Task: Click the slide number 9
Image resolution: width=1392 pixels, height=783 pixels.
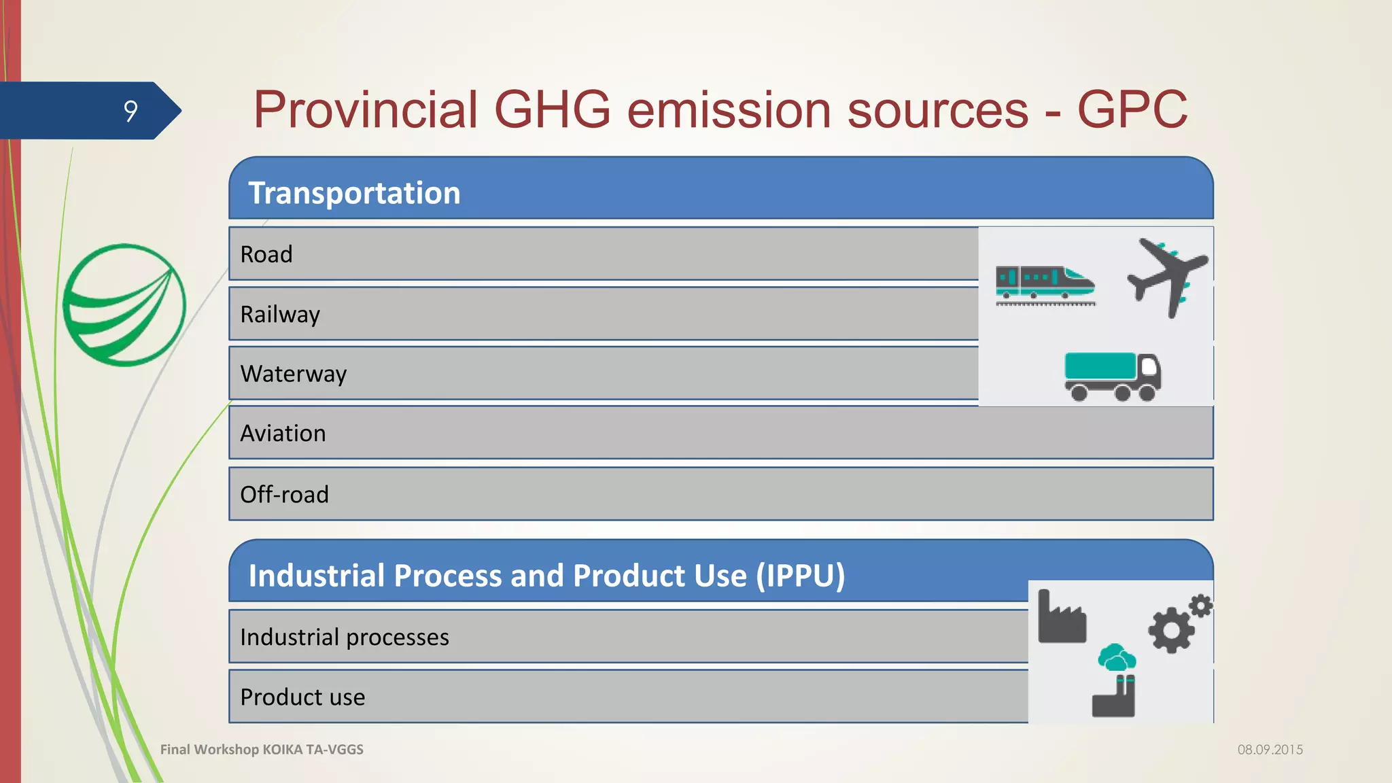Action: tap(130, 111)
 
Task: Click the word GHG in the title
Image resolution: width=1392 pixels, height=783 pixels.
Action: tap(552, 109)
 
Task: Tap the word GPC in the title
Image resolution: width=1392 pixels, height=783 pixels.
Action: tap(1132, 109)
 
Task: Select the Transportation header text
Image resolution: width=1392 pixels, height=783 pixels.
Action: tap(354, 193)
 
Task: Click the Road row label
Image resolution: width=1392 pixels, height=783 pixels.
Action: tap(266, 254)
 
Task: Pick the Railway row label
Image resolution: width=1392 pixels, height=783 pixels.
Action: tap(279, 314)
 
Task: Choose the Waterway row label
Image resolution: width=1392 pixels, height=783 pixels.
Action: tap(293, 374)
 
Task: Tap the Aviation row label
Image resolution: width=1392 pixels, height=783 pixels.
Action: tap(283, 434)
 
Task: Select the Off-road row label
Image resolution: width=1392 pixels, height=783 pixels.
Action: tap(284, 494)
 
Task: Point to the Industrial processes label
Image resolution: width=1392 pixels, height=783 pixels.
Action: tap(344, 637)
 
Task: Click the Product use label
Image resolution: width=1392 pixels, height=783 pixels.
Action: tap(302, 697)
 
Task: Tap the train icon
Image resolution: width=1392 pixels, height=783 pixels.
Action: tap(1045, 283)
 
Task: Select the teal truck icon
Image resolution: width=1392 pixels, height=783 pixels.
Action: tap(1112, 376)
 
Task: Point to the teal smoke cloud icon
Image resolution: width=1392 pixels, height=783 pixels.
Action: tap(1117, 658)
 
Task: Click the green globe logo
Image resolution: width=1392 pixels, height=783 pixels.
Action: tap(124, 305)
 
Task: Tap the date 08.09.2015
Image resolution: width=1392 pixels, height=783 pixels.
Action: tap(1270, 750)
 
